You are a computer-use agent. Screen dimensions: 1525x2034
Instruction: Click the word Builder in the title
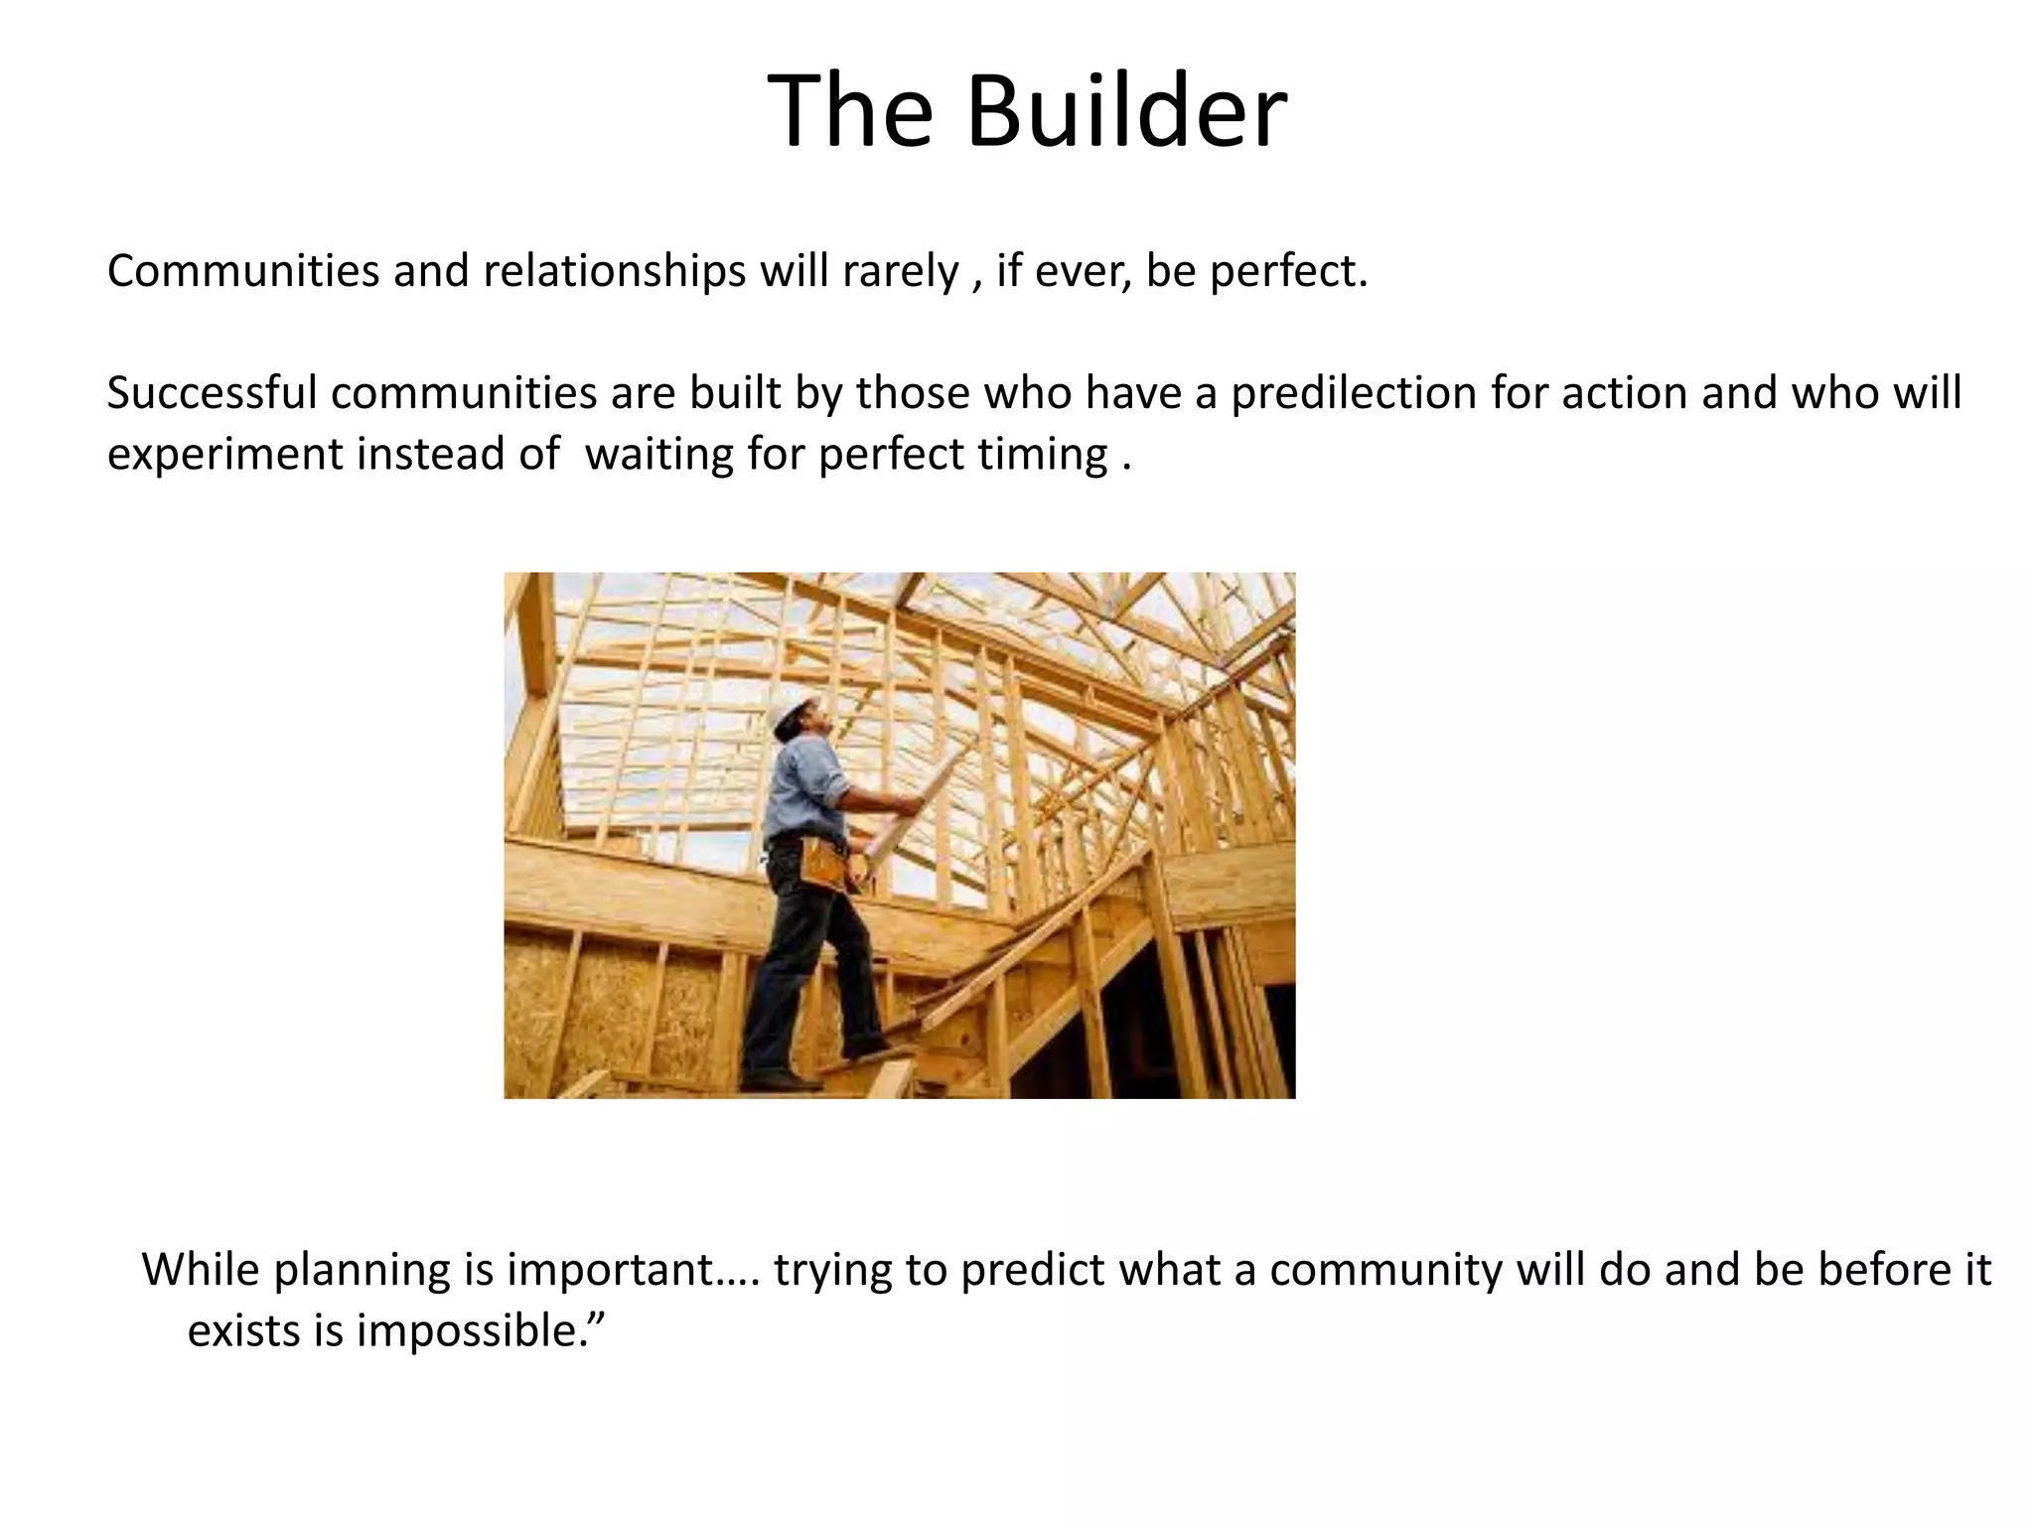pyautogui.click(x=1126, y=111)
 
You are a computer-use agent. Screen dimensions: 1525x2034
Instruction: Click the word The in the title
pyautogui.click(x=850, y=111)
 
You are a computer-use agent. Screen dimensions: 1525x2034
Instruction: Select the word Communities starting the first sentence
pyautogui.click(x=242, y=271)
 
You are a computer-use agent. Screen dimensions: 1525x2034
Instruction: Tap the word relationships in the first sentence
pyautogui.click(x=614, y=271)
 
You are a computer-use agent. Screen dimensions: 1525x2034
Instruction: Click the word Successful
pyautogui.click(x=212, y=393)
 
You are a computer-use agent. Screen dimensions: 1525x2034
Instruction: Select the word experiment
pyautogui.click(x=224, y=456)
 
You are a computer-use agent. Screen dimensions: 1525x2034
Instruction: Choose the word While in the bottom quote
pyautogui.click(x=201, y=1270)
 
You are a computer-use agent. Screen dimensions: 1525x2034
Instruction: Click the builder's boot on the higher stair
pyautogui.click(x=863, y=1048)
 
